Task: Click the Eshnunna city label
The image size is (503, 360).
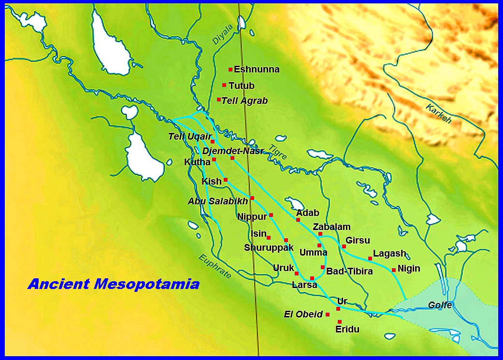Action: click(x=257, y=70)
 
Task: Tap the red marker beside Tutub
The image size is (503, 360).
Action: click(x=224, y=85)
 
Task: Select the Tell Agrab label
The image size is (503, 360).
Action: click(x=244, y=101)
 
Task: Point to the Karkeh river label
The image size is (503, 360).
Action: click(x=438, y=114)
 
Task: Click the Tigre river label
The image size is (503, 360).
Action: click(x=278, y=152)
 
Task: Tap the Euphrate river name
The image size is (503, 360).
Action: click(x=215, y=266)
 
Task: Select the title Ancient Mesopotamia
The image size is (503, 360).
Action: click(x=114, y=284)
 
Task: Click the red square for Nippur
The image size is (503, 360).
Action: click(x=271, y=215)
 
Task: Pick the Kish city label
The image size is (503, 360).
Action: click(x=211, y=182)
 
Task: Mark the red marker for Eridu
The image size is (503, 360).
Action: click(x=340, y=322)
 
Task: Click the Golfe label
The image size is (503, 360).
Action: click(x=440, y=305)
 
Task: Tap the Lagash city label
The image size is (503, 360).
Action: click(x=389, y=254)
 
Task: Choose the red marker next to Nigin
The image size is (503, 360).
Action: click(x=394, y=270)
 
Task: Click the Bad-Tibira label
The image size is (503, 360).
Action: click(x=349, y=272)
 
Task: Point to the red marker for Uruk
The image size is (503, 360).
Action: click(x=297, y=274)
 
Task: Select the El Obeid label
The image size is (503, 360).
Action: click(x=303, y=315)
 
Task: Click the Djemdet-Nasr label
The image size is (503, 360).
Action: click(x=233, y=151)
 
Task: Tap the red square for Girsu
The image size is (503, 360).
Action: click(x=344, y=246)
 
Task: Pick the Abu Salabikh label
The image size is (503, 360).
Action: click(x=217, y=201)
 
